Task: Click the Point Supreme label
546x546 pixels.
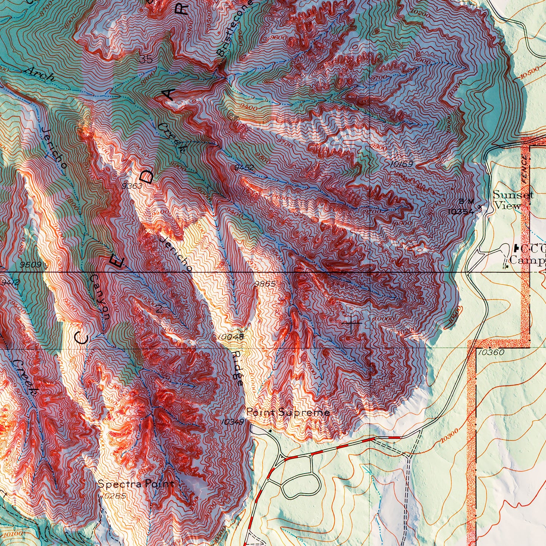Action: click(288, 412)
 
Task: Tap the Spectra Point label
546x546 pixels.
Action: click(136, 484)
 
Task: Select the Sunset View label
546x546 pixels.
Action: click(513, 200)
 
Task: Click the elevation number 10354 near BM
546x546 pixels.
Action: click(460, 212)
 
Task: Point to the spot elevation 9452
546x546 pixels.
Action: click(244, 167)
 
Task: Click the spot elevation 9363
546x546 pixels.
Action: click(132, 186)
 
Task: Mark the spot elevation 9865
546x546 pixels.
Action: click(264, 284)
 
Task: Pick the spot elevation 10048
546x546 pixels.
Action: click(230, 336)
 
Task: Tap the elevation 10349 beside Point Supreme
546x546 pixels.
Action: click(232, 422)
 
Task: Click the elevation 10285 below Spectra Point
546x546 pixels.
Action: click(113, 495)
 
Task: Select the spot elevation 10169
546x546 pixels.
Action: click(402, 164)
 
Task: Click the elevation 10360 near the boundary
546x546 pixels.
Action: click(491, 352)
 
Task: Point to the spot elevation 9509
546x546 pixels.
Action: click(31, 264)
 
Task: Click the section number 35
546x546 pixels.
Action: click(146, 59)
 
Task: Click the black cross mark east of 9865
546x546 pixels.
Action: click(351, 323)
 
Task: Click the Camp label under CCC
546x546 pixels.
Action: click(527, 260)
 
